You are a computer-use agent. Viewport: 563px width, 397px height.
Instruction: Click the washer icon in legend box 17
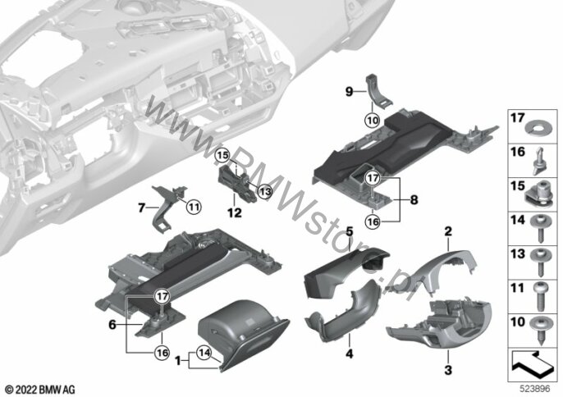tap(537, 127)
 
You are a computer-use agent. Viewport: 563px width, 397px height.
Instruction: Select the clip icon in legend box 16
tap(540, 161)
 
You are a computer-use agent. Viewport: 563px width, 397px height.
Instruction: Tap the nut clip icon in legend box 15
tap(540, 194)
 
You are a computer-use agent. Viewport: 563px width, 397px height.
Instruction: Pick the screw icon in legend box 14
tap(541, 228)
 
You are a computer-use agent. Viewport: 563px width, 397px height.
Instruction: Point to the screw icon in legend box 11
tap(541, 296)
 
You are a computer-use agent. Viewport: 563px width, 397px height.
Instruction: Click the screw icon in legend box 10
tap(540, 330)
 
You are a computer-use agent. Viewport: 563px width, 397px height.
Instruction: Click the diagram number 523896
tap(535, 389)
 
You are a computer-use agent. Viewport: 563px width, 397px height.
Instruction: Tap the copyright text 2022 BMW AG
tap(40, 390)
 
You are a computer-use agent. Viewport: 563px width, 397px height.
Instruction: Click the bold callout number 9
tap(349, 92)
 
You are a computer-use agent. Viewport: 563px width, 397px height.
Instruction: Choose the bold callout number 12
tap(235, 213)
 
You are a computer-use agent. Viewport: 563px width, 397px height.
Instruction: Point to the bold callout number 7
tap(141, 208)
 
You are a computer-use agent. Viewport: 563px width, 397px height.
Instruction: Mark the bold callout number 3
tap(448, 370)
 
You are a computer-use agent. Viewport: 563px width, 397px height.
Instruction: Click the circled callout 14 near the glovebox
tap(204, 354)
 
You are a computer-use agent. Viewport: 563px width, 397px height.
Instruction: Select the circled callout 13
tap(265, 191)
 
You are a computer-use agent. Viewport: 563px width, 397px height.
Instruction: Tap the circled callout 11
tap(194, 207)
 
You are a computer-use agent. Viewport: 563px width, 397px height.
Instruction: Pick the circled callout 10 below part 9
tap(373, 121)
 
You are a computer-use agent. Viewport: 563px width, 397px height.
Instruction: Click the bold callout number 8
tap(414, 199)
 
